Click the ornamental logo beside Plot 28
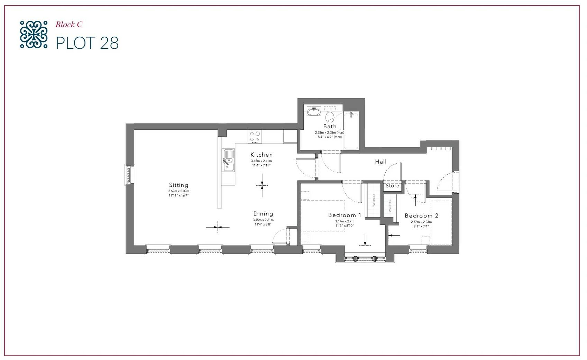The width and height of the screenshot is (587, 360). pos(34,34)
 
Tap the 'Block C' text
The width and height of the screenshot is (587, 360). pos(69,25)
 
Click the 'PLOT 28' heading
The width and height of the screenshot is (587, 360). pos(88,43)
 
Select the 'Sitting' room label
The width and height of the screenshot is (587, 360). pos(178,185)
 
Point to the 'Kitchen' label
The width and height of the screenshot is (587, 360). pos(262,155)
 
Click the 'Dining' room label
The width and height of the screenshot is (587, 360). pos(263,214)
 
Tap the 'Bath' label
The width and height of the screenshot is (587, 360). pos(330,127)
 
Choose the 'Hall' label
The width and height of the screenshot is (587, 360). pos(381,161)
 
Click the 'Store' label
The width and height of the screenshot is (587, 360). pos(392,186)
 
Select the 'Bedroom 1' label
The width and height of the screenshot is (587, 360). pos(345,215)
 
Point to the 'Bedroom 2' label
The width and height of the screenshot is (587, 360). pos(421,215)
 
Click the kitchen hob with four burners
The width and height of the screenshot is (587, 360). pos(255,136)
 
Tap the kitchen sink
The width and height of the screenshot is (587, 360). pos(228,160)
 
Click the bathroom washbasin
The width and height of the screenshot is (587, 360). pos(314,112)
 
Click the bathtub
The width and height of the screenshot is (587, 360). pos(351,131)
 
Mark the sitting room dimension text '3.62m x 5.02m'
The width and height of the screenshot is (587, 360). pos(178,191)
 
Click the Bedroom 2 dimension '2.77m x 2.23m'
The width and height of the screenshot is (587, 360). pos(421,222)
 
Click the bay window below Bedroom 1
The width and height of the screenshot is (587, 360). pos(365,258)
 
